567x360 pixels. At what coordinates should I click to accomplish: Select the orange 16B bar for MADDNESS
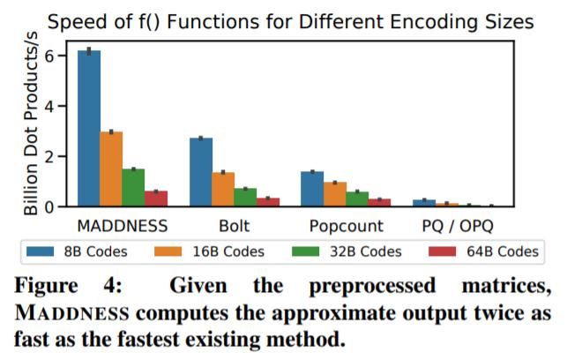pos(111,169)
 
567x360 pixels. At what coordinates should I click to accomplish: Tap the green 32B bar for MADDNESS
pos(133,188)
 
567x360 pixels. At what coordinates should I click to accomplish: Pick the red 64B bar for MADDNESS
pos(156,199)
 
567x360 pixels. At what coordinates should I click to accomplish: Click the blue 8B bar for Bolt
pos(201,172)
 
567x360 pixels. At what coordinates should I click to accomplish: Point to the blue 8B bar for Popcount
pos(312,189)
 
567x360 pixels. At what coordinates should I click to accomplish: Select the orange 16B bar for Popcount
pos(334,194)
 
